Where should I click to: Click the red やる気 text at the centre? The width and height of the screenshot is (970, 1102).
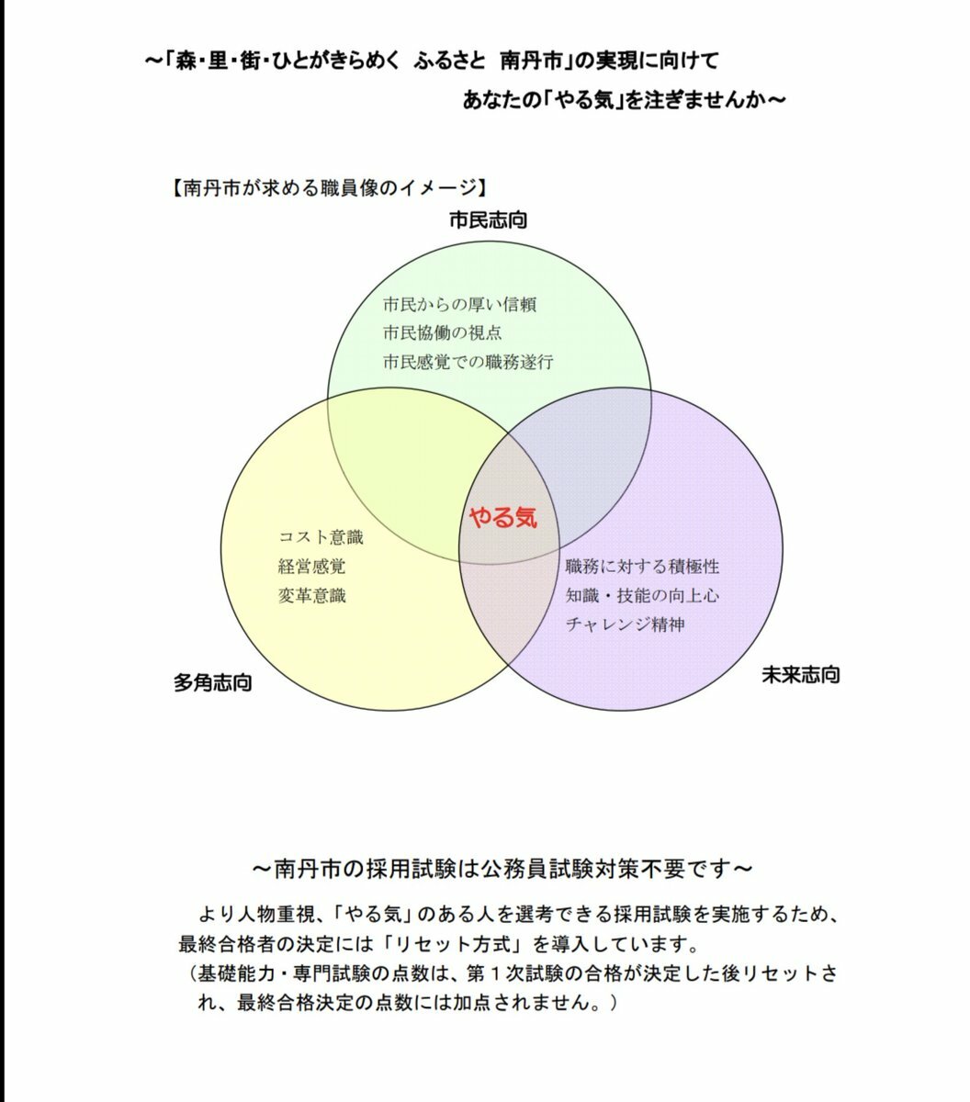click(x=503, y=517)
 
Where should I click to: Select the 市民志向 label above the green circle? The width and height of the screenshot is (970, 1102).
click(x=488, y=220)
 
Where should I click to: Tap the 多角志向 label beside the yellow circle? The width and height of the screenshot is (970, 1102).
click(x=213, y=682)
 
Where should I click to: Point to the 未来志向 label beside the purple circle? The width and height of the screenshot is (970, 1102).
click(x=801, y=675)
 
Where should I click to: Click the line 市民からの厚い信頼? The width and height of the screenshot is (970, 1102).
click(x=459, y=305)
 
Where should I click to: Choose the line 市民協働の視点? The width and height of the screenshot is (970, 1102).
click(x=443, y=332)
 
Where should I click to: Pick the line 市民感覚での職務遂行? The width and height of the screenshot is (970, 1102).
click(x=468, y=362)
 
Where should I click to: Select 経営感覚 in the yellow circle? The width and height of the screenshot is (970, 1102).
click(x=311, y=567)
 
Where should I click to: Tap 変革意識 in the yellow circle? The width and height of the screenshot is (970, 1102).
click(x=311, y=596)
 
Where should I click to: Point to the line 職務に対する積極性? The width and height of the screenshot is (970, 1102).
click(x=642, y=567)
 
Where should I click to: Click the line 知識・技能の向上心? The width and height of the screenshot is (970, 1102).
click(x=642, y=596)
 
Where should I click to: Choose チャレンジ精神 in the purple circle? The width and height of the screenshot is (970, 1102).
click(x=626, y=624)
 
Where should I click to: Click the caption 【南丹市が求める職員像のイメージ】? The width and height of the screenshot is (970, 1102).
click(x=329, y=188)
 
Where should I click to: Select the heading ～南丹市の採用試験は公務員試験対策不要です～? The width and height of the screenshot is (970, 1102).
click(x=502, y=869)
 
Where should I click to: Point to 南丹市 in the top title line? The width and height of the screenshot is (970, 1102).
click(x=532, y=61)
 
